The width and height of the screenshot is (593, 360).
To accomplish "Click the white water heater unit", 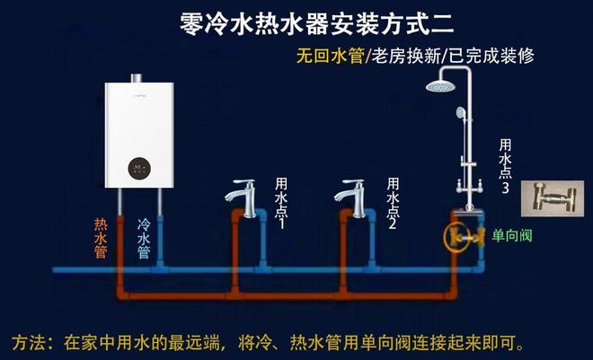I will (139, 135).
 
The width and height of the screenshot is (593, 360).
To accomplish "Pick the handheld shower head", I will (461, 115).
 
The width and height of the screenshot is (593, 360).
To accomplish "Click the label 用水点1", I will (279, 203).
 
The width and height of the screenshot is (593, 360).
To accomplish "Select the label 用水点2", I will (392, 203).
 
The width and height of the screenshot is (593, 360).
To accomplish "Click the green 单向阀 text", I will (513, 236).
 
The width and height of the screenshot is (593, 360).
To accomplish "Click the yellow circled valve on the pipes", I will (460, 238).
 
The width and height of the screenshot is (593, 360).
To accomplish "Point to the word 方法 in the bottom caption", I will (30, 342).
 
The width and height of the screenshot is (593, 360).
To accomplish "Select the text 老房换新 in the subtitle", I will (403, 56).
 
